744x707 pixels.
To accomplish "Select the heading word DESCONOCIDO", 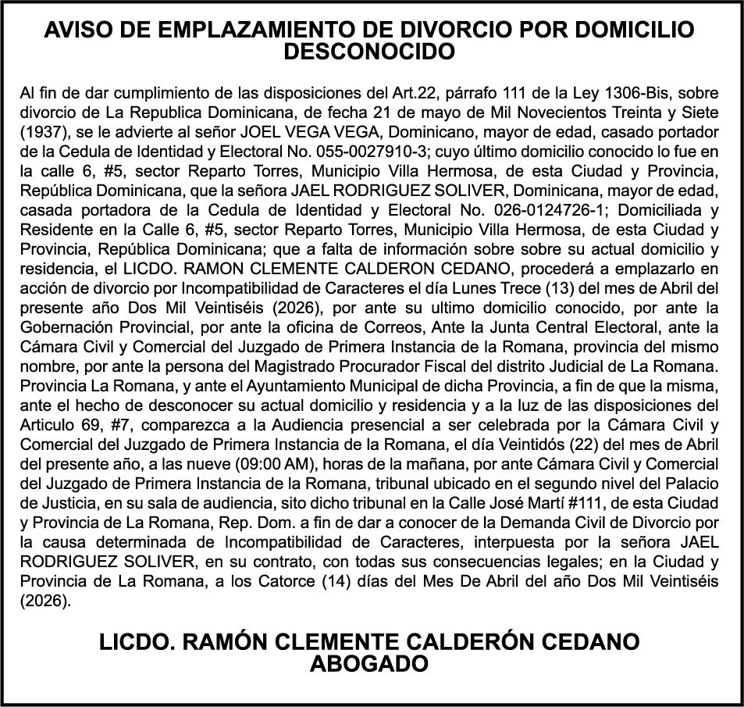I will pyautogui.click(x=370, y=52).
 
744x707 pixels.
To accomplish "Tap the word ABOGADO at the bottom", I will pyautogui.click(x=369, y=665).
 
